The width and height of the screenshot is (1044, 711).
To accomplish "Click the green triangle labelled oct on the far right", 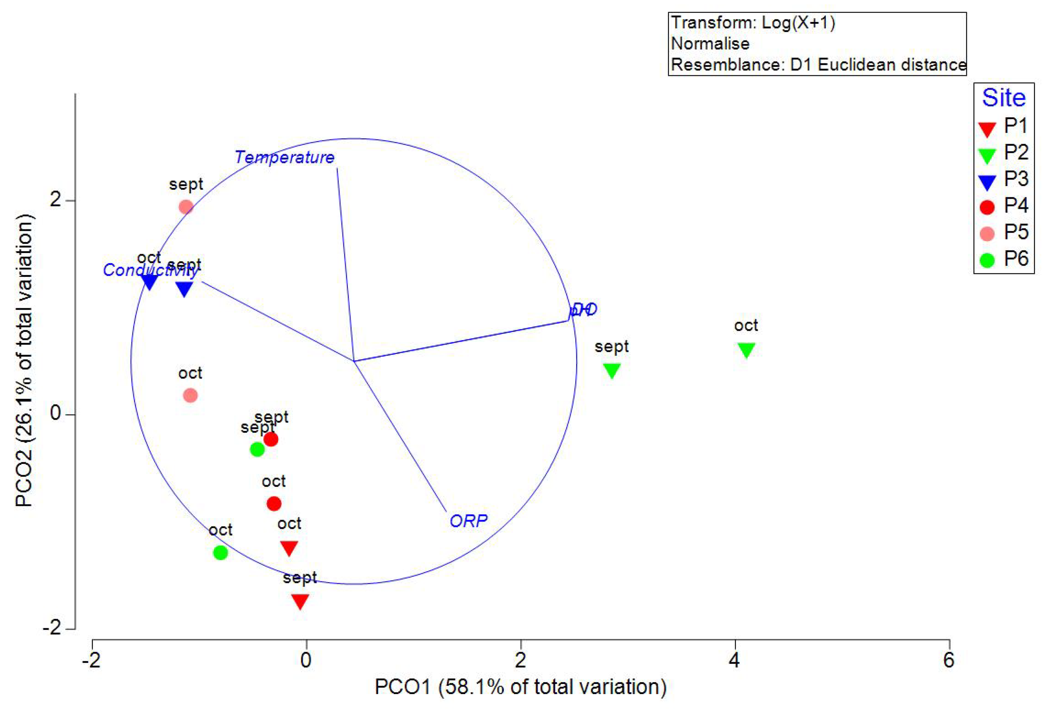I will pos(746,350).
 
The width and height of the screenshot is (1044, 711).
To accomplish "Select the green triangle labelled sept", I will pos(612,370).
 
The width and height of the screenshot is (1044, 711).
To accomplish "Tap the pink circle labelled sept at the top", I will pos(186,207).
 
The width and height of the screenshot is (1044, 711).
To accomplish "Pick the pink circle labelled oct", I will pos(190,396).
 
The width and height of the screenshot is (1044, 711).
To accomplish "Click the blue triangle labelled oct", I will pos(149,282).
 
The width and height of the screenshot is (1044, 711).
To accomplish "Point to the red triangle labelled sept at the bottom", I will pos(300,601).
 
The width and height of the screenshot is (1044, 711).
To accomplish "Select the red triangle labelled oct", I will pos(289,548).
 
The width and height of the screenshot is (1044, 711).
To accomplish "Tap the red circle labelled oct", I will pos(274,504).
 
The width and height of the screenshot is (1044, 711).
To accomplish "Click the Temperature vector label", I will pos(284,157).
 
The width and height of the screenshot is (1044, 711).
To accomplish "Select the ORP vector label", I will pos(468,521).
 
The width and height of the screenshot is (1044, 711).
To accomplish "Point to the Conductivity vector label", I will pos(150,270).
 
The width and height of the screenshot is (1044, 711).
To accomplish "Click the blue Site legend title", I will pos(1004,98).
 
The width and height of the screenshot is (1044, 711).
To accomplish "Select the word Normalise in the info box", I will pos(710,44).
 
